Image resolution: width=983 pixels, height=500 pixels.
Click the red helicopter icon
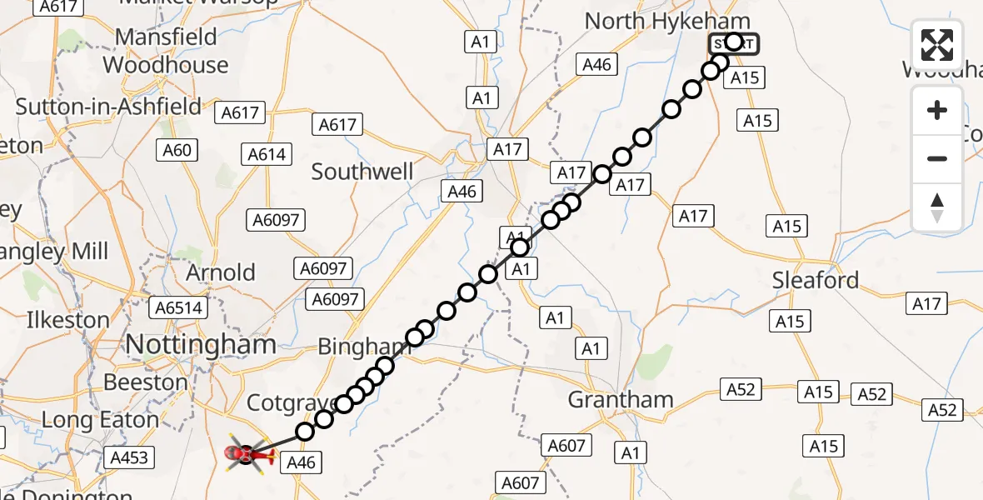coord(247,454)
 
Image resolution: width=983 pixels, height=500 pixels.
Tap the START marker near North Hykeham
coord(734,42)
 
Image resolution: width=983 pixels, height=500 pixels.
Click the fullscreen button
coord(937,45)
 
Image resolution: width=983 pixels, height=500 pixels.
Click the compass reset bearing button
coord(937,208)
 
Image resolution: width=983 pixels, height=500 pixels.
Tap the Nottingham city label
coord(201,344)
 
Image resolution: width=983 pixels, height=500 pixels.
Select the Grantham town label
coord(620,400)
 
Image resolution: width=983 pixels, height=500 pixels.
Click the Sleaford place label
coord(815,280)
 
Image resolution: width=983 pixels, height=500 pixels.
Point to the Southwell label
coord(362,172)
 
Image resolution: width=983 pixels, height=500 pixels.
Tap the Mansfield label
coord(166,37)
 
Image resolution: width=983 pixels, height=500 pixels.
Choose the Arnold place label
coord(221,272)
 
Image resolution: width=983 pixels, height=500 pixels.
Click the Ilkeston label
coord(68,320)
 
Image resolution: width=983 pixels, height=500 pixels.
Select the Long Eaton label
coord(100,420)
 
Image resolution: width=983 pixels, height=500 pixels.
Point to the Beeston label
coord(146,382)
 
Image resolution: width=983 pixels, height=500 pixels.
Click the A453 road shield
coord(128,457)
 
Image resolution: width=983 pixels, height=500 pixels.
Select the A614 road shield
coord(267,154)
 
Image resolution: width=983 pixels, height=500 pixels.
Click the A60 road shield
coord(177,151)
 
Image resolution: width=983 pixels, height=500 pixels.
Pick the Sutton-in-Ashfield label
coord(108,106)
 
